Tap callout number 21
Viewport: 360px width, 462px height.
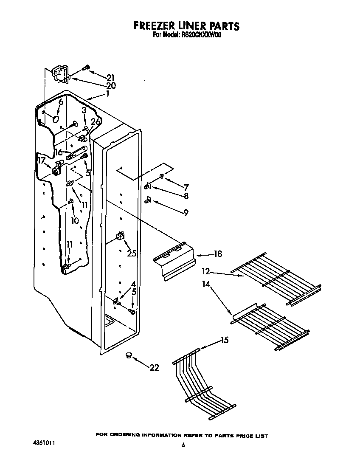[x=110, y=77]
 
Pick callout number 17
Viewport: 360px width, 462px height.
[x=42, y=161]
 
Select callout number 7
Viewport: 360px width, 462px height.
[x=186, y=187]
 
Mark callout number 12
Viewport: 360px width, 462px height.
[x=206, y=270]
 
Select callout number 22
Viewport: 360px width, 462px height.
[x=154, y=368]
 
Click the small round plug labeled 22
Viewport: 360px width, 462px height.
[x=128, y=355]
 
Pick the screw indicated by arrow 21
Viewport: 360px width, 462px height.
[x=86, y=67]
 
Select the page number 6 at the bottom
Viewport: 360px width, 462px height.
[x=183, y=445]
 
